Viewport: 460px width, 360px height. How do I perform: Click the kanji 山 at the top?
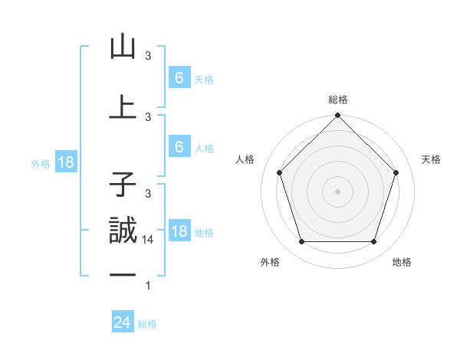click(123, 47)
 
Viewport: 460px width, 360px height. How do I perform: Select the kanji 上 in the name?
click(123, 107)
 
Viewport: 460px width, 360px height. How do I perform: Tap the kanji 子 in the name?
click(123, 184)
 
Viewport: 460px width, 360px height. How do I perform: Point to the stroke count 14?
click(148, 240)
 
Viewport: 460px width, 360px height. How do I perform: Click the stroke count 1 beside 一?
click(148, 286)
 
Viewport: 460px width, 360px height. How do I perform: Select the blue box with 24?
click(122, 322)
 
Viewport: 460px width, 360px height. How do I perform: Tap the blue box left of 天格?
click(179, 78)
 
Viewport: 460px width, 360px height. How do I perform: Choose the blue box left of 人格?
click(179, 147)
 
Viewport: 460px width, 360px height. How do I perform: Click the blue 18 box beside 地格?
click(179, 231)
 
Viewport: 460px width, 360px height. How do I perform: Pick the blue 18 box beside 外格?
click(65, 162)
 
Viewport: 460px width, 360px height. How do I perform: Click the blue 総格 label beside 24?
click(147, 324)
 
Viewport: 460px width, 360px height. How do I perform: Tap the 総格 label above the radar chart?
click(338, 100)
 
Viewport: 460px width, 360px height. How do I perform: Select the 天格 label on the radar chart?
click(431, 159)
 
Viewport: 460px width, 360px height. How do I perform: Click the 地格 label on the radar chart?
click(402, 262)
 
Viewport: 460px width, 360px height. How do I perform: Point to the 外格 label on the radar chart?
click(270, 262)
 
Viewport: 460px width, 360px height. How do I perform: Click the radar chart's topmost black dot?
click(337, 116)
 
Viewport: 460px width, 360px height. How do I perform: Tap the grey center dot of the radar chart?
click(337, 191)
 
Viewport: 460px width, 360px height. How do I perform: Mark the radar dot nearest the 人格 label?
click(279, 172)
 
